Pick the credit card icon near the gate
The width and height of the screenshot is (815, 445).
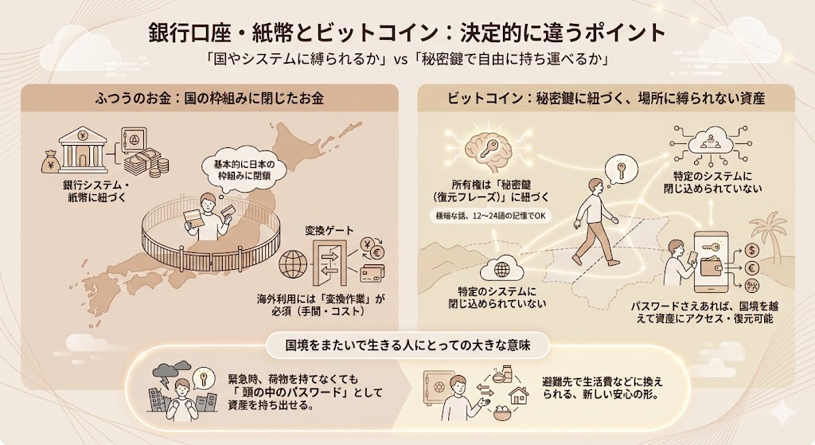372,273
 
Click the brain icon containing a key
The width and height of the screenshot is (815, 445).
490,148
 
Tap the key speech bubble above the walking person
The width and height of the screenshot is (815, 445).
619,169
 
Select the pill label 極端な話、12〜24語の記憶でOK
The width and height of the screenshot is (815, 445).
488,216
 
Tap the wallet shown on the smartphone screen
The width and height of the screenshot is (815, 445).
711,267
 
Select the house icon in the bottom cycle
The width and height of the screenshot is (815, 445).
518,395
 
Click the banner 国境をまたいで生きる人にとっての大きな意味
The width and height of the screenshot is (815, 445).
407,345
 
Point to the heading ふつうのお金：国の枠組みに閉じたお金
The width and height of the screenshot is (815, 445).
209,98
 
